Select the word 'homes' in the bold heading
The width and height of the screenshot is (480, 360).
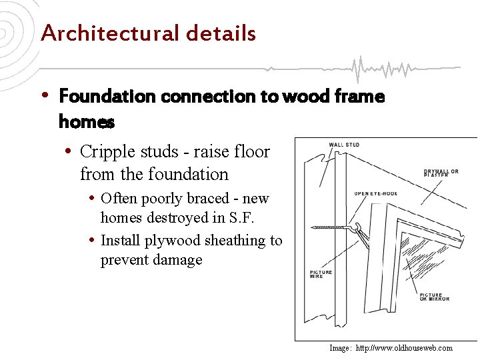tap(87, 123)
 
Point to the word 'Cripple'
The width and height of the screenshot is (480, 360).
tap(107, 152)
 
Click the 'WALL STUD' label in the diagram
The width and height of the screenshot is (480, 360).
tap(344, 145)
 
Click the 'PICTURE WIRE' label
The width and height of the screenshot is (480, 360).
tap(321, 274)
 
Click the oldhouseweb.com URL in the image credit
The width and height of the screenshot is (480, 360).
tap(404, 348)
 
